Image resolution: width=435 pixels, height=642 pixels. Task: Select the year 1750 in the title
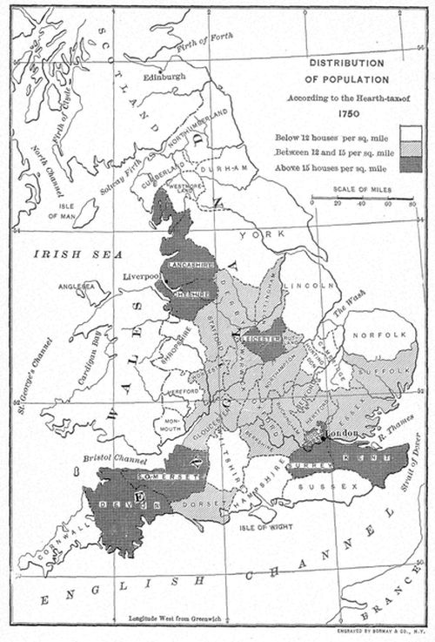click(x=348, y=112)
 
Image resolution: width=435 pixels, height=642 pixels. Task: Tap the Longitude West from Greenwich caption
click(x=177, y=618)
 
